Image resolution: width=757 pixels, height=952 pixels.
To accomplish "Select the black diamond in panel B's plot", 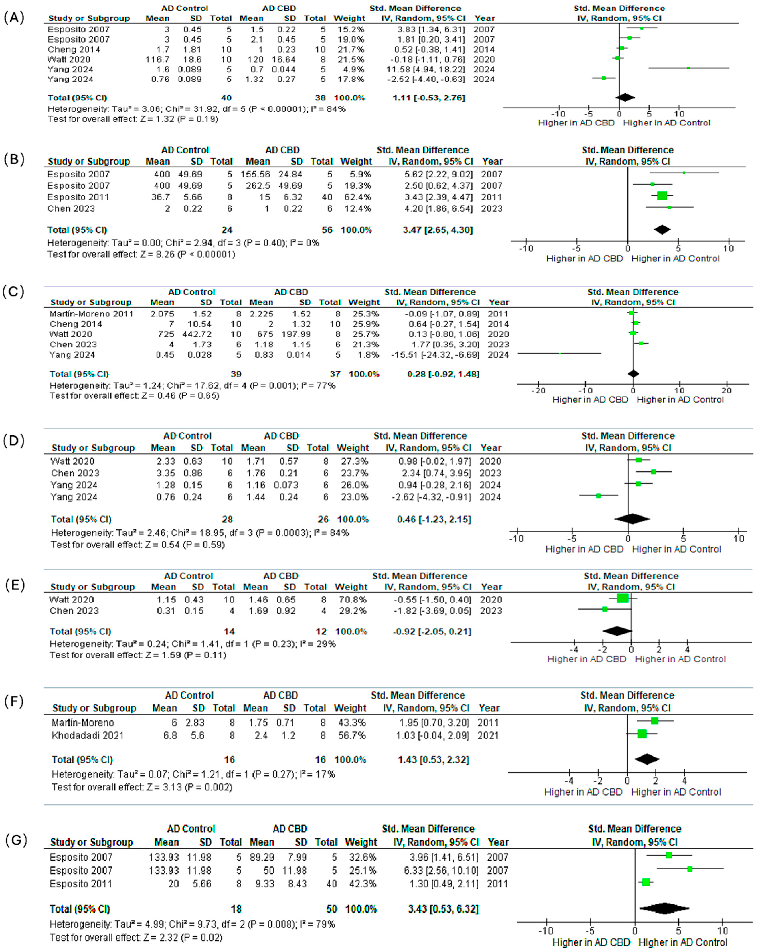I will pyautogui.click(x=662, y=230).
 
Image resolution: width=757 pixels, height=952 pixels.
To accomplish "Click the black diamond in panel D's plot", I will pyautogui.click(x=632, y=519).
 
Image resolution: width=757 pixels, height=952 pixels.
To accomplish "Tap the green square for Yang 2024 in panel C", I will pyautogui.click(x=560, y=354).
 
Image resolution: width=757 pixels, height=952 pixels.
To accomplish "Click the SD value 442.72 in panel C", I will pyautogui.click(x=199, y=334).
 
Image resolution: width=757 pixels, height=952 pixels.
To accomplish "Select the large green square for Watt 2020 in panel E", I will pyautogui.click(x=623, y=598).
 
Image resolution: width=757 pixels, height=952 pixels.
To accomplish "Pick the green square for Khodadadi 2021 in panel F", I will pyautogui.click(x=642, y=734).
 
